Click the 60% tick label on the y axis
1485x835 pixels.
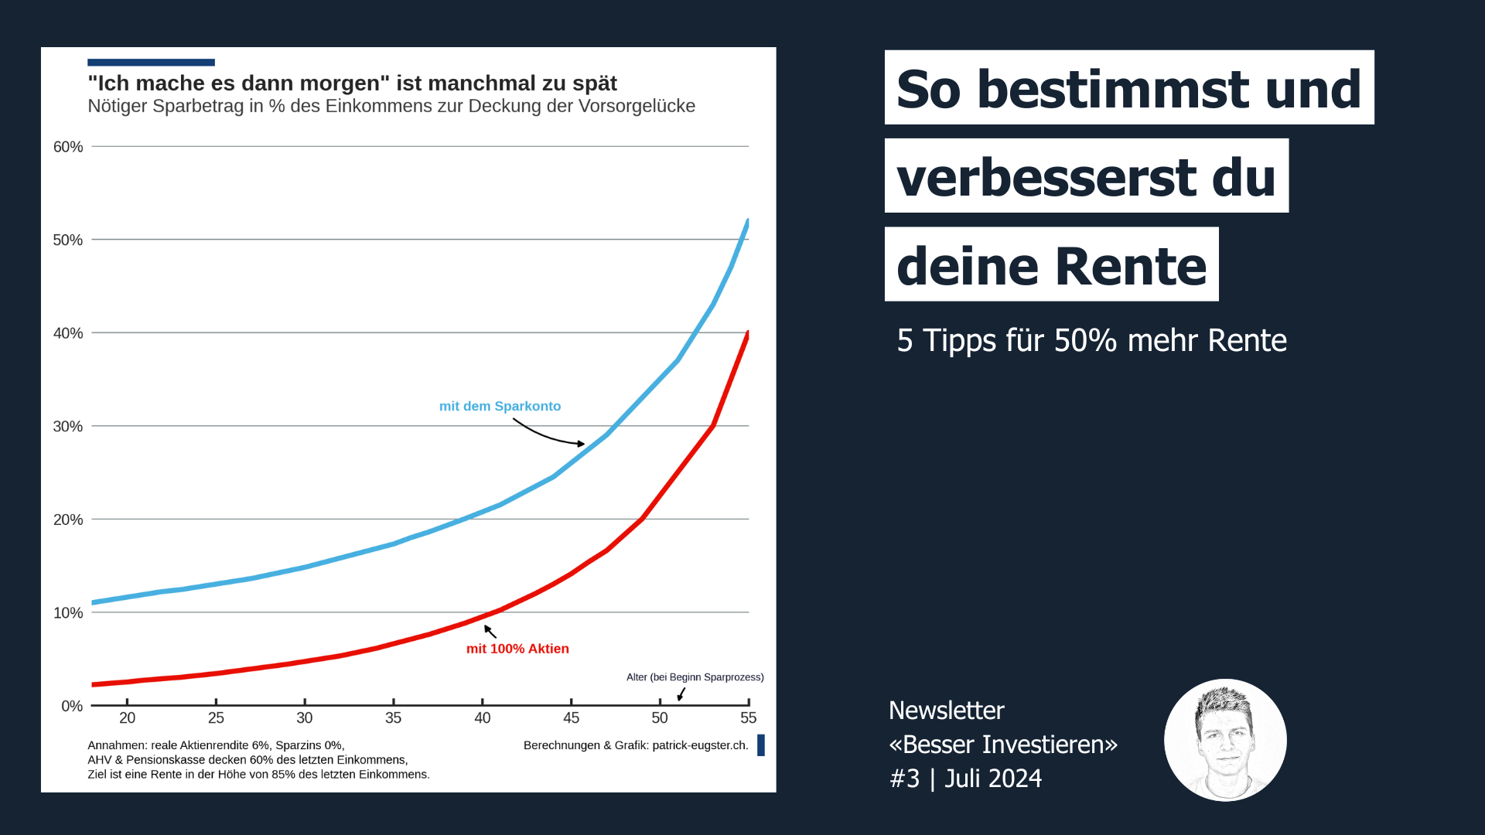pyautogui.click(x=67, y=147)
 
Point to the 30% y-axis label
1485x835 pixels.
pyautogui.click(x=67, y=427)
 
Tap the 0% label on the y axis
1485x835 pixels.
pyautogui.click(x=71, y=707)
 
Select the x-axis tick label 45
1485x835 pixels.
pyautogui.click(x=571, y=718)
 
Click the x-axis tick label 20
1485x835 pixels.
pyautogui.click(x=127, y=718)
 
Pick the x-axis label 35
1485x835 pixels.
pyautogui.click(x=393, y=718)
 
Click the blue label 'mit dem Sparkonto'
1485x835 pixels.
pyautogui.click(x=500, y=407)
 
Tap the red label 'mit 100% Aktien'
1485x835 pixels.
pyautogui.click(x=517, y=649)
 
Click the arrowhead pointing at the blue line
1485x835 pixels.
pyautogui.click(x=581, y=444)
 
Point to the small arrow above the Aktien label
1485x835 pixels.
pyautogui.click(x=490, y=631)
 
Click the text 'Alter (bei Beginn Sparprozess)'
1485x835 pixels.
pyautogui.click(x=695, y=677)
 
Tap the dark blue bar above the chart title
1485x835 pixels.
pyautogui.click(x=151, y=63)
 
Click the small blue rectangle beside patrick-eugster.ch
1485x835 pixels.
pyautogui.click(x=761, y=745)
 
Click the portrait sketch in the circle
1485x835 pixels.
pyautogui.click(x=1225, y=740)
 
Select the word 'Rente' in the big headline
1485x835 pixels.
pyautogui.click(x=1130, y=266)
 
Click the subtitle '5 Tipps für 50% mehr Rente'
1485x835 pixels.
pyautogui.click(x=1091, y=341)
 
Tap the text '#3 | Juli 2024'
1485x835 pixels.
pyautogui.click(x=965, y=779)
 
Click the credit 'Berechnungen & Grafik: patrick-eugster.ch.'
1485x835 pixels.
pyautogui.click(x=636, y=745)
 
